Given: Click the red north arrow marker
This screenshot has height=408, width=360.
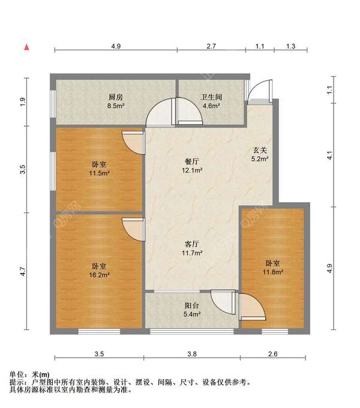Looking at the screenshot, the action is pyautogui.click(x=26, y=47).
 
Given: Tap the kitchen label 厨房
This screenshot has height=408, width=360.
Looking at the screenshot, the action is pyautogui.click(x=115, y=97).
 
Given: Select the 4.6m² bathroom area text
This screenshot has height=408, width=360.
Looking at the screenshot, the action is pyautogui.click(x=211, y=106).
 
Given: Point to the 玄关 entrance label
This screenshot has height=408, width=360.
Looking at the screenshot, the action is pyautogui.click(x=260, y=150).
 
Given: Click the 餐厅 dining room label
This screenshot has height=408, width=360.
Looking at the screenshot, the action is pyautogui.click(x=192, y=161).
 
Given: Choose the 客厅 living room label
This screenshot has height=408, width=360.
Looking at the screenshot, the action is pyautogui.click(x=192, y=244).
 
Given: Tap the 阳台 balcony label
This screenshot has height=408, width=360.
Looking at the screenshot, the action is pyautogui.click(x=192, y=305).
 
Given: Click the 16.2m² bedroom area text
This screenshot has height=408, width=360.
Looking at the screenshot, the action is pyautogui.click(x=100, y=275).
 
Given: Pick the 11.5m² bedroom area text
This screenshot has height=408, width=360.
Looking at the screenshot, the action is pyautogui.click(x=100, y=173).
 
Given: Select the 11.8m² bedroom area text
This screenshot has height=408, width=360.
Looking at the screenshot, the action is pyautogui.click(x=273, y=272).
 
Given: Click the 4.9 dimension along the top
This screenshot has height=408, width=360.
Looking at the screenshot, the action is pyautogui.click(x=116, y=46).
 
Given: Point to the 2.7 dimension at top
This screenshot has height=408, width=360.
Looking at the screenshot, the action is pyautogui.click(x=211, y=46).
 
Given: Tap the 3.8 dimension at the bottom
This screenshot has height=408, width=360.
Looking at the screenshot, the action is pyautogui.click(x=192, y=354).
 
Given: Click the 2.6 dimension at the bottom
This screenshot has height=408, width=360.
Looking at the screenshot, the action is pyautogui.click(x=273, y=354).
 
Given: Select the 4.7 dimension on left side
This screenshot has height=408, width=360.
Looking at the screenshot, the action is pyautogui.click(x=23, y=272).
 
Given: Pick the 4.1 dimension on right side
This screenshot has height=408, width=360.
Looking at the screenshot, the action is pyautogui.click(x=330, y=155).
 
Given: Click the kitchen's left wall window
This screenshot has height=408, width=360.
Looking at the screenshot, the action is pyautogui.click(x=53, y=104).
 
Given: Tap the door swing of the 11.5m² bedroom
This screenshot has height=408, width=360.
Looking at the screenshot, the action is pyautogui.click(x=133, y=143).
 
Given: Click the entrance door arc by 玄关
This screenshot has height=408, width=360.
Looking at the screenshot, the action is pyautogui.click(x=259, y=90).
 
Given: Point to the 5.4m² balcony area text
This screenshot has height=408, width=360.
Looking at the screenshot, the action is pyautogui.click(x=192, y=314).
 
